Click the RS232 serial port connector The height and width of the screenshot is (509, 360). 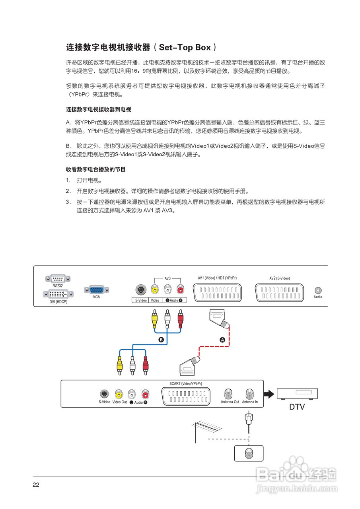(x=58, y=279)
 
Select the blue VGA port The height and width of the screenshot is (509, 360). (x=96, y=290)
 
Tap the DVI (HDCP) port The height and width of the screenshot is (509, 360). (x=58, y=294)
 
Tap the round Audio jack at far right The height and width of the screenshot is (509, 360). (x=318, y=291)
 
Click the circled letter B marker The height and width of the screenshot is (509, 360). (x=161, y=340)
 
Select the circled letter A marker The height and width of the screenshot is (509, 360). (x=222, y=340)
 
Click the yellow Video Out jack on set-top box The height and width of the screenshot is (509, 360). (x=119, y=394)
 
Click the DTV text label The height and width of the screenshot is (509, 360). (x=298, y=408)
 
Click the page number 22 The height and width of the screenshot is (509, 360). (x=36, y=485)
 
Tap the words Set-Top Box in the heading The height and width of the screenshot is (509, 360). (x=185, y=47)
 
